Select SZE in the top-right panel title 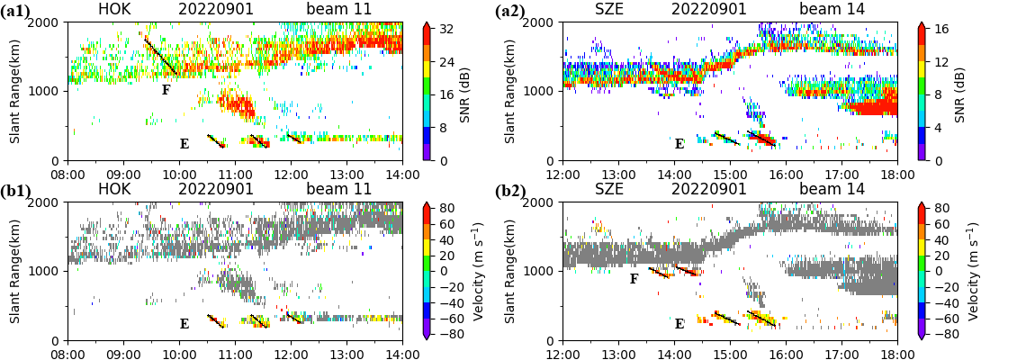tap(609, 10)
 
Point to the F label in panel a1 tap(166, 90)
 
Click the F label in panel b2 tap(634, 279)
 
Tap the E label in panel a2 tap(679, 144)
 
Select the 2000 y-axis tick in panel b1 tap(47, 202)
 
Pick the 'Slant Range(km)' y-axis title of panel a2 tap(509, 92)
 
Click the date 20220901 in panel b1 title tap(215, 189)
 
